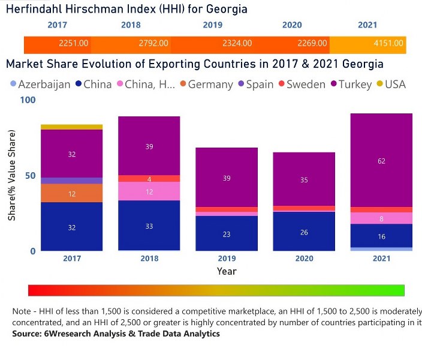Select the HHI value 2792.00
coord(153,44)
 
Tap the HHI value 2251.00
coord(74,44)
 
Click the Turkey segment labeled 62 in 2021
coord(381,160)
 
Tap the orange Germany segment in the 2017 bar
coord(71,193)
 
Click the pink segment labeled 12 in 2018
coord(149,191)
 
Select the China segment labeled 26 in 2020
coord(305,231)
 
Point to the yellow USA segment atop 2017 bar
coord(71,127)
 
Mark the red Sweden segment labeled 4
coord(149,178)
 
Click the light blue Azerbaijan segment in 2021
coord(381,248)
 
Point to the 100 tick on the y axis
coord(28,100)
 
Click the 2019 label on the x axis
coord(227,259)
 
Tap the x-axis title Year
coord(227,271)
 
